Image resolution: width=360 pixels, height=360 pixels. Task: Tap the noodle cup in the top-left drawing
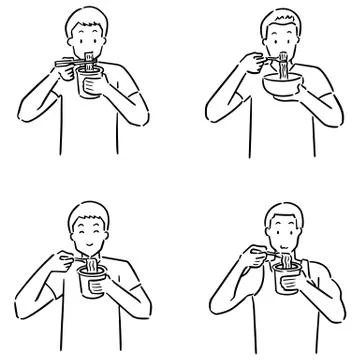[88, 86]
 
